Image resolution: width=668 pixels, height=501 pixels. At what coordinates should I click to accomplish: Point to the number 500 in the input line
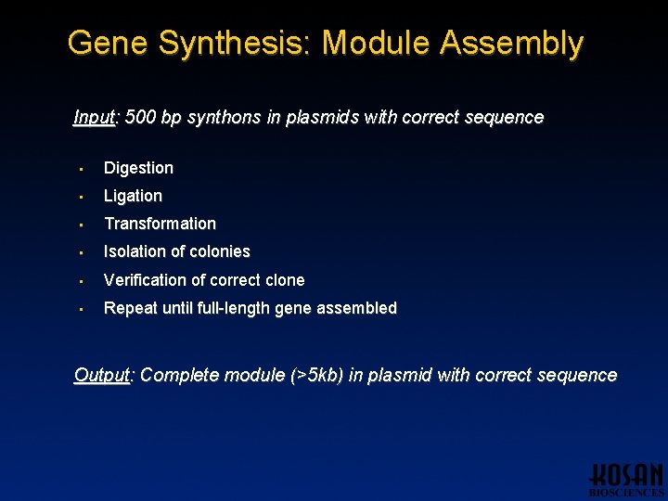(139, 117)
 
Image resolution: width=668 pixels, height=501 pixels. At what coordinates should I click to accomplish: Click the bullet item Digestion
(138, 168)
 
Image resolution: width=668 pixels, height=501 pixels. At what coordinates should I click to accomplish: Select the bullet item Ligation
(133, 196)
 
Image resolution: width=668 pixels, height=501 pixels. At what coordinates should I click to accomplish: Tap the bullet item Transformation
(160, 224)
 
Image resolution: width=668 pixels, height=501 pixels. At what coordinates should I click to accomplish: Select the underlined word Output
(103, 375)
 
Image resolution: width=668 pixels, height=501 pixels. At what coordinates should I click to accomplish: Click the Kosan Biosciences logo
(626, 479)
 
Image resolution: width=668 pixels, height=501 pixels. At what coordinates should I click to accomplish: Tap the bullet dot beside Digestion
(82, 169)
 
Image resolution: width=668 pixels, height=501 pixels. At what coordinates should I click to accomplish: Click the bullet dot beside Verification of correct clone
(82, 280)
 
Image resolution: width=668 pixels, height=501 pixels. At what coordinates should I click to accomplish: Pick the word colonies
(220, 251)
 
